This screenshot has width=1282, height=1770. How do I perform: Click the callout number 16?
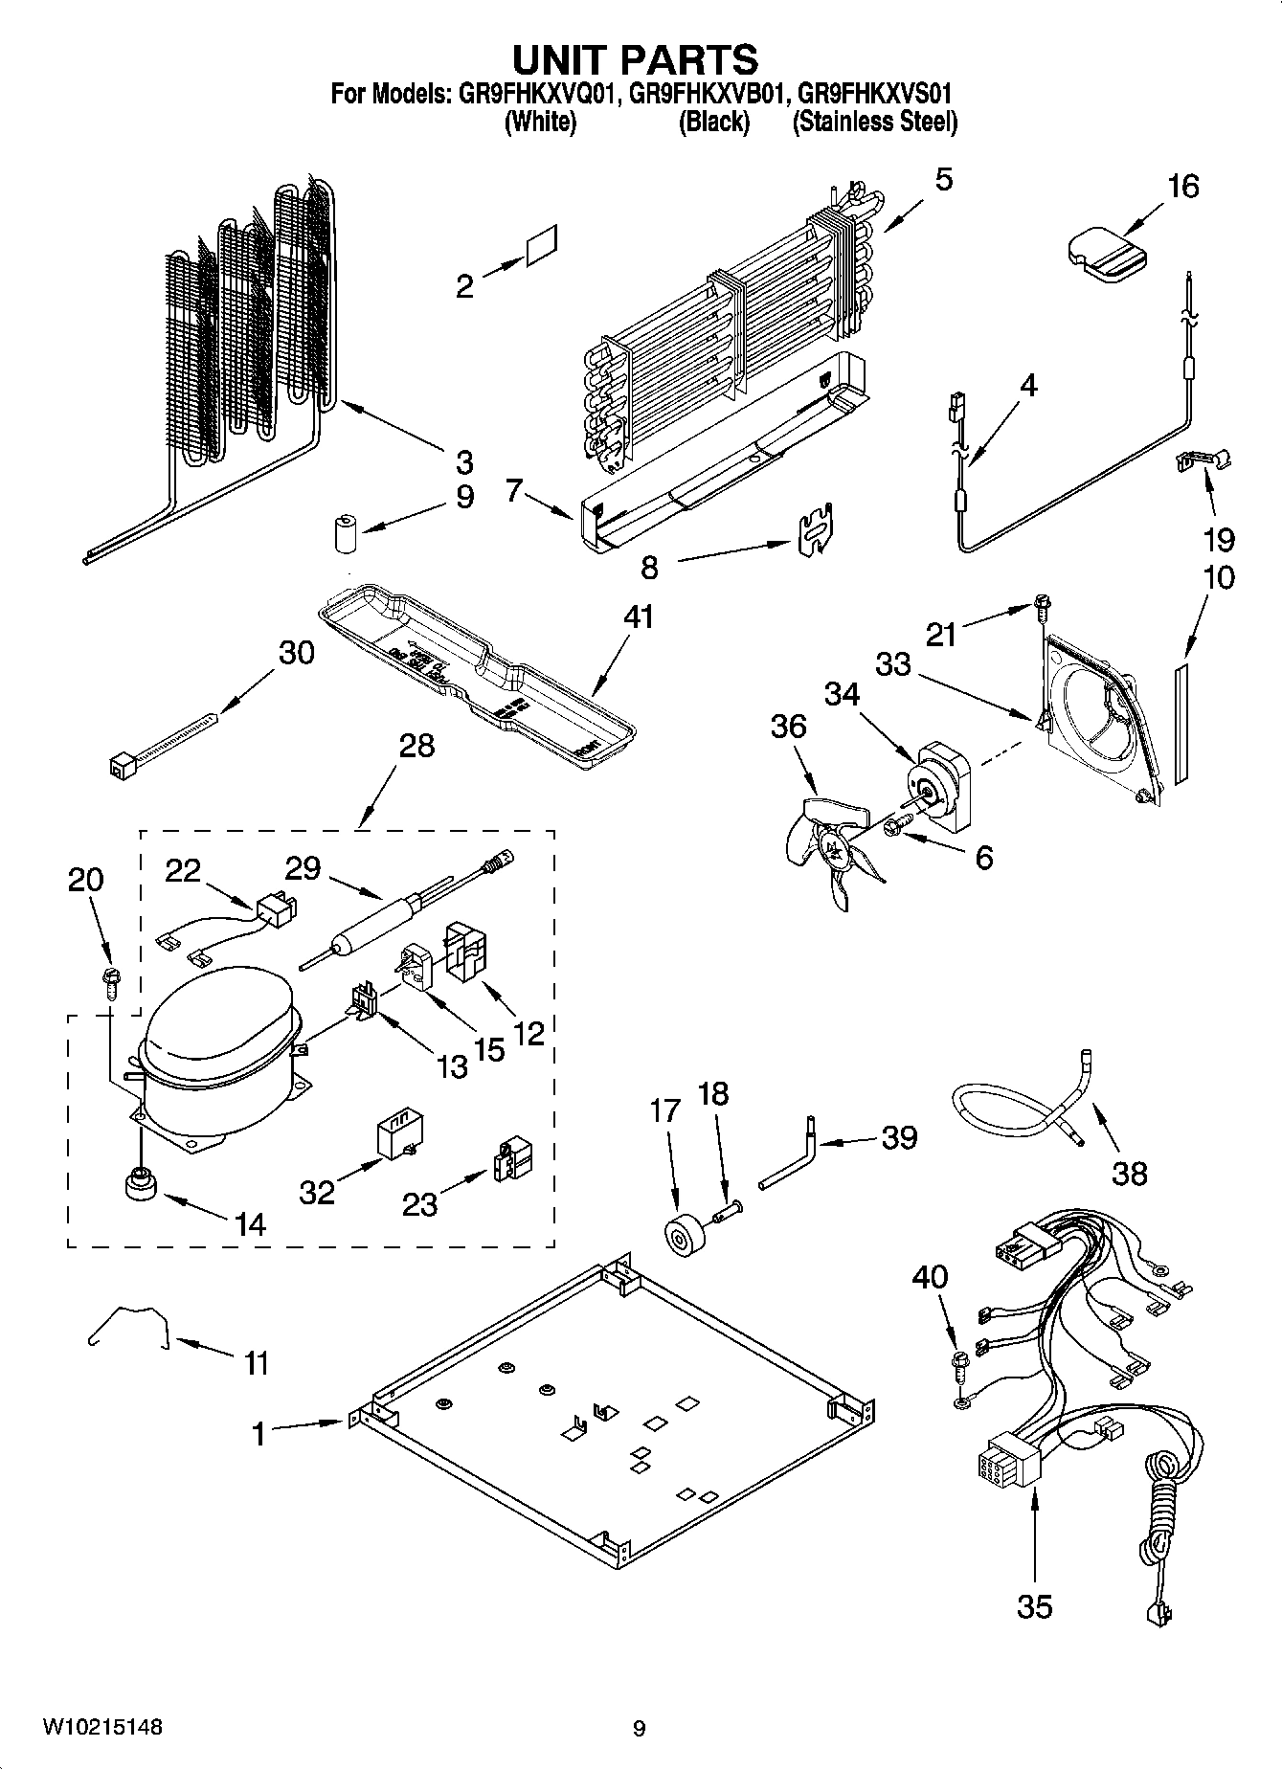pos(1183,186)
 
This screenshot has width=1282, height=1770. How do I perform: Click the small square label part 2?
pos(542,248)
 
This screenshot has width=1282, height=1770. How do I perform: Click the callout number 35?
pos(1034,1604)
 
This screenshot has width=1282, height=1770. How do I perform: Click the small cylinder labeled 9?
pos(344,533)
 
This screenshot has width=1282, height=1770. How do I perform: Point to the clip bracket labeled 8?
pos(815,528)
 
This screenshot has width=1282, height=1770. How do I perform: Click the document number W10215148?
pos(101,1727)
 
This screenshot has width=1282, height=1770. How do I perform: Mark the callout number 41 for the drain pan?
pos(638,616)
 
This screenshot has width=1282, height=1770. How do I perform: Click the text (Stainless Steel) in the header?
pos(874,122)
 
